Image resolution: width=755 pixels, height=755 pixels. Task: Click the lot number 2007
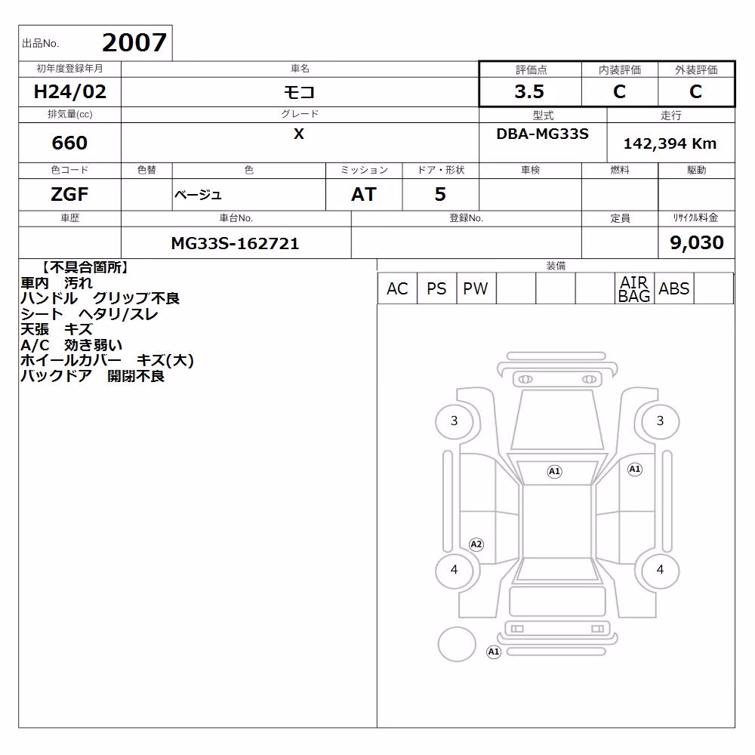134,42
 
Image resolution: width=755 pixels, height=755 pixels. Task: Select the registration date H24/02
69,91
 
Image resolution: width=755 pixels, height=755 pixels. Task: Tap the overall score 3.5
529,91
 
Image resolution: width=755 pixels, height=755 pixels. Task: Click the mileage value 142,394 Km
670,143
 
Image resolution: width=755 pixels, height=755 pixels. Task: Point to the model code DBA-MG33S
542,134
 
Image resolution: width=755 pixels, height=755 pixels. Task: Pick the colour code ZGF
69,194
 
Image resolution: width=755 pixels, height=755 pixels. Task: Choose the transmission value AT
364,194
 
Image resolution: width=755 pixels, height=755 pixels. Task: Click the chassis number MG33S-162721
235,243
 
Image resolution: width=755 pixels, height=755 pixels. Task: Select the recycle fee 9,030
697,242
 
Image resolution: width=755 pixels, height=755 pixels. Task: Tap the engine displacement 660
69,143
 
